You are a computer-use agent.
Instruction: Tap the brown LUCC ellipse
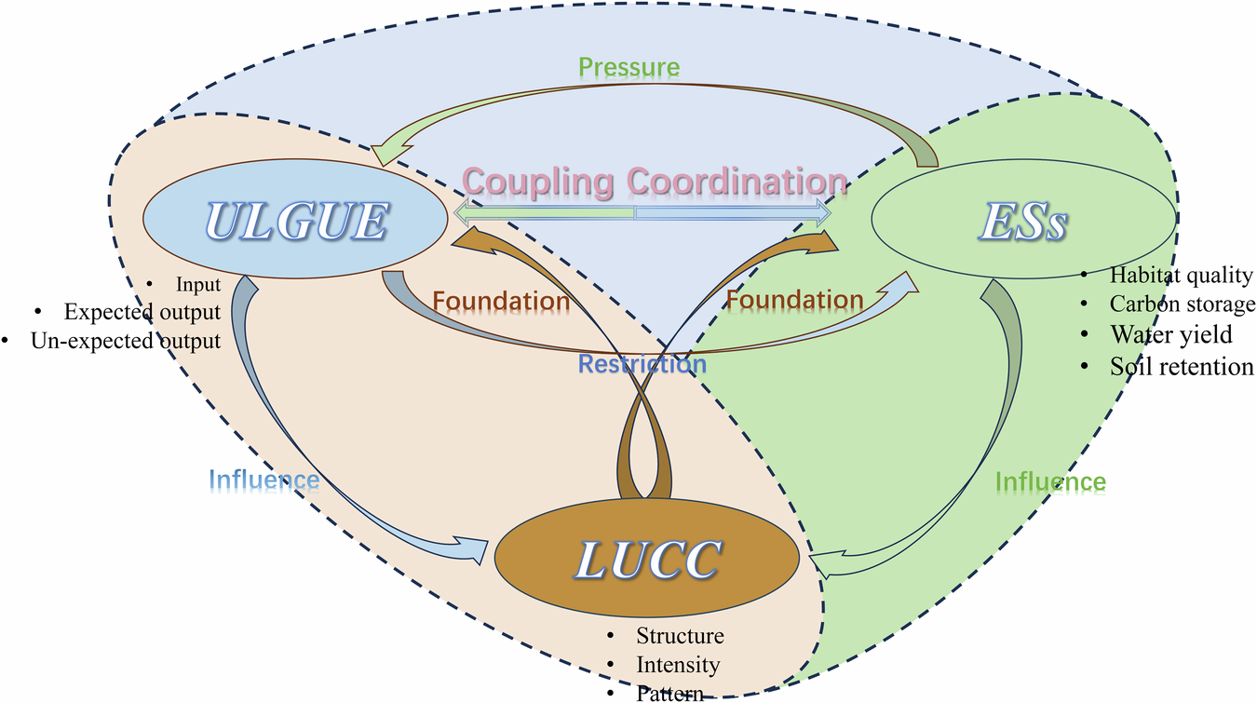[647, 559]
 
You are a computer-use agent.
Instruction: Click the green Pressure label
[628, 67]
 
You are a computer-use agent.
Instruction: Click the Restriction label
[642, 364]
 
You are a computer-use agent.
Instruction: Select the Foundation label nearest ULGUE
[501, 301]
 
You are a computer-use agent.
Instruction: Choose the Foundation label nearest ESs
[794, 300]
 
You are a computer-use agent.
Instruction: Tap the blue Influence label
[264, 480]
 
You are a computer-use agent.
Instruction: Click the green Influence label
[1050, 481]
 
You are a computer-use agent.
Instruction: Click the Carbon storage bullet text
[1182, 304]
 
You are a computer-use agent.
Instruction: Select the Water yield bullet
[1170, 334]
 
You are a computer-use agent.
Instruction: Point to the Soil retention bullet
[1181, 366]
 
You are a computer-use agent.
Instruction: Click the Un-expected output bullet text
[126, 341]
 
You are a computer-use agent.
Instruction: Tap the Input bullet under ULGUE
[198, 284]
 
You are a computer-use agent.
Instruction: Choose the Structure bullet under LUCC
[680, 636]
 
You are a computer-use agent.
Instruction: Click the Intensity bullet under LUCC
[678, 665]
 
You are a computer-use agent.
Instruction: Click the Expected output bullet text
[142, 312]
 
